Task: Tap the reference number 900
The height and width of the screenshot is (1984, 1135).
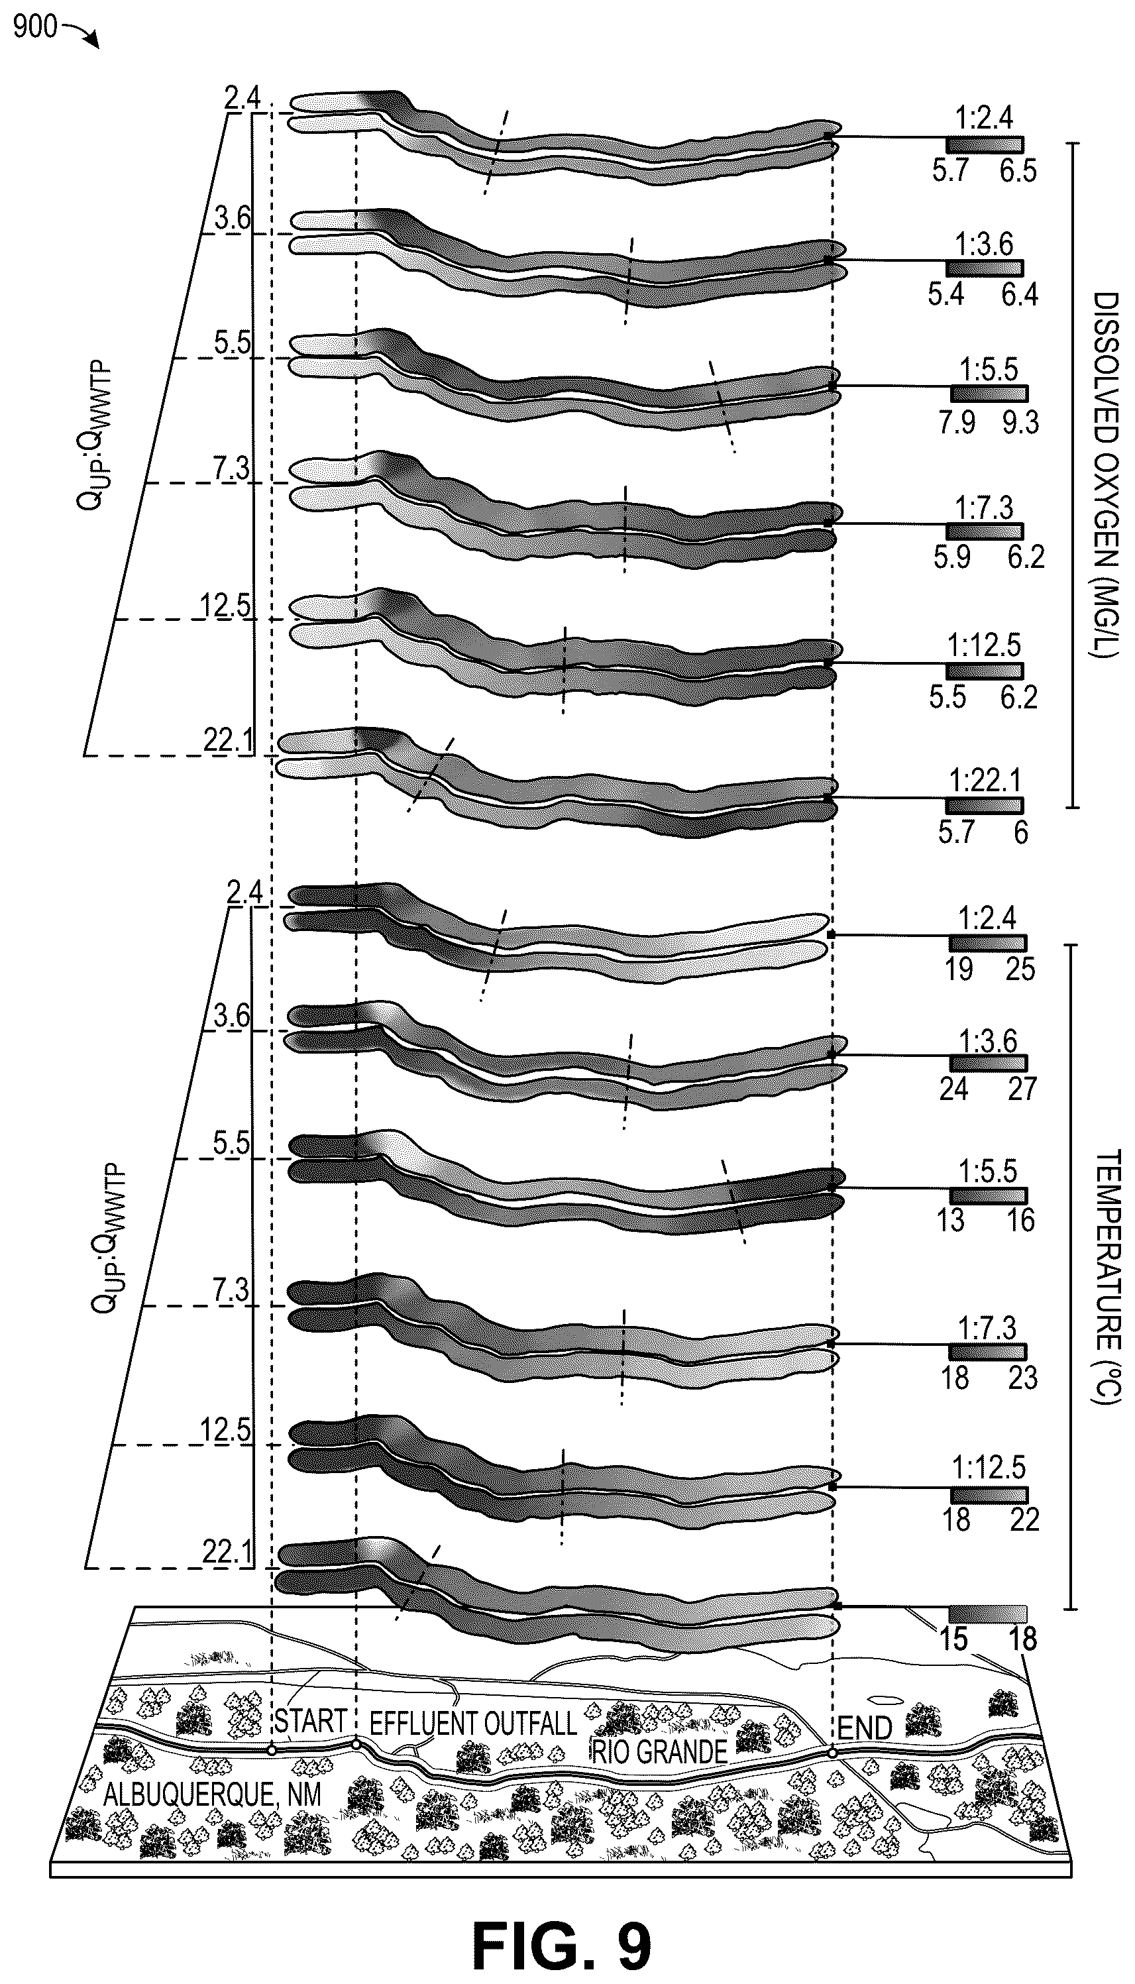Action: (35, 27)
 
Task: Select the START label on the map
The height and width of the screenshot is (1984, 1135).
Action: (309, 1719)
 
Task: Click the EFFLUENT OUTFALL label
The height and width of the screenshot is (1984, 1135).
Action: (472, 1722)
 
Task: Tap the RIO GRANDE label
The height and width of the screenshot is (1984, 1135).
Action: (659, 1751)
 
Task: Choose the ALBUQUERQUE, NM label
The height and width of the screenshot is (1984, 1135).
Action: (212, 1794)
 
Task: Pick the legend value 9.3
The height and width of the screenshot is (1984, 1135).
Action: (1020, 423)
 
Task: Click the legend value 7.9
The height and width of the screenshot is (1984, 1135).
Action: (957, 423)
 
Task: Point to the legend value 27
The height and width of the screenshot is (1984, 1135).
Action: (1021, 1088)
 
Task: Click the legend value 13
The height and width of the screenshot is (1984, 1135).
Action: (950, 1219)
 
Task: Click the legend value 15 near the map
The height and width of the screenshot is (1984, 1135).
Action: (953, 1639)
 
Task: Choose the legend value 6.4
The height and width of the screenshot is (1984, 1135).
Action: (1020, 295)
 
